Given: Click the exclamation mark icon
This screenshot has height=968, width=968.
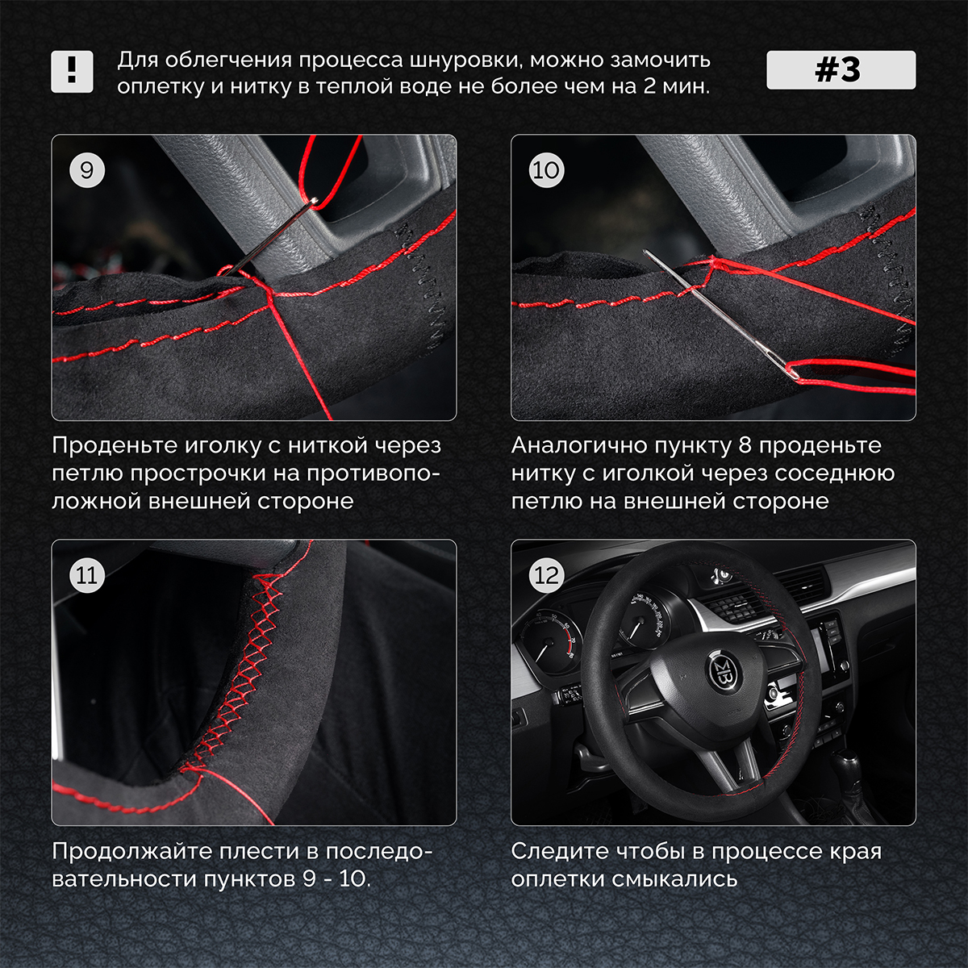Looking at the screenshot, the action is coord(72,72).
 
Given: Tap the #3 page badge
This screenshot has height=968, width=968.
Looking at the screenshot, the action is coord(841,70).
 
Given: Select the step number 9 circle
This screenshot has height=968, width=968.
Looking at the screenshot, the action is coord(86,170).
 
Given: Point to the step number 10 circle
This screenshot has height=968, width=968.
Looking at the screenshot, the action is coord(546,170).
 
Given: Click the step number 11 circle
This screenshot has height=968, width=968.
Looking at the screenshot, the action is coord(86,575).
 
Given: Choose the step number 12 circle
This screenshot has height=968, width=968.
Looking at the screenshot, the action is coord(546,575).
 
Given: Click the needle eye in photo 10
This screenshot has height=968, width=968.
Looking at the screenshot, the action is coord(794,372).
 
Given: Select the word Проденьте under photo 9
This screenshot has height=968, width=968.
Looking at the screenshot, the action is coord(118,445).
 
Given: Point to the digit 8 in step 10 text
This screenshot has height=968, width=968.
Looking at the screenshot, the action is coord(745,445).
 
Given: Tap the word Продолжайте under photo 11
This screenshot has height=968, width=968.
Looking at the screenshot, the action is coord(132,852).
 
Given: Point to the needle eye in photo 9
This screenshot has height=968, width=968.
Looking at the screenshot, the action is coord(314,200).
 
